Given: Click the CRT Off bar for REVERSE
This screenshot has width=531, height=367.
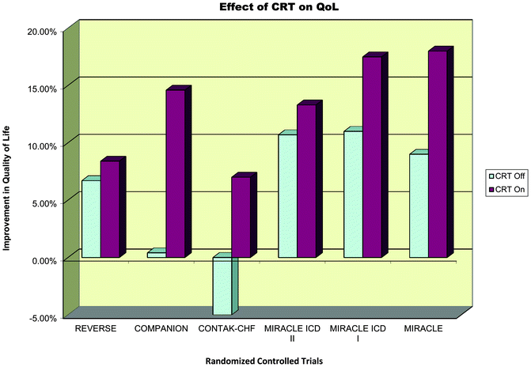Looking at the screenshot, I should click(x=91, y=218).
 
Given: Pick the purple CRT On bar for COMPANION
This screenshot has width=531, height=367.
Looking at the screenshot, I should click(x=175, y=173).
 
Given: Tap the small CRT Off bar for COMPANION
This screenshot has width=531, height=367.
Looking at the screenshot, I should click(x=157, y=255).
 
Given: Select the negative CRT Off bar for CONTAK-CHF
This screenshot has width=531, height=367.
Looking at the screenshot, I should click(x=222, y=286).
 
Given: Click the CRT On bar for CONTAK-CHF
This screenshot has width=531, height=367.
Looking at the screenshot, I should click(x=241, y=217).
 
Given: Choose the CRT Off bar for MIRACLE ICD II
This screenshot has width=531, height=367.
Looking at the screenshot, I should click(x=287, y=195).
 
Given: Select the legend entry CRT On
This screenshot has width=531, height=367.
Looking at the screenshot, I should click(x=502, y=190).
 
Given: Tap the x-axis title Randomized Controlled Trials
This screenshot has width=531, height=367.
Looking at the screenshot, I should click(x=262, y=359).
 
